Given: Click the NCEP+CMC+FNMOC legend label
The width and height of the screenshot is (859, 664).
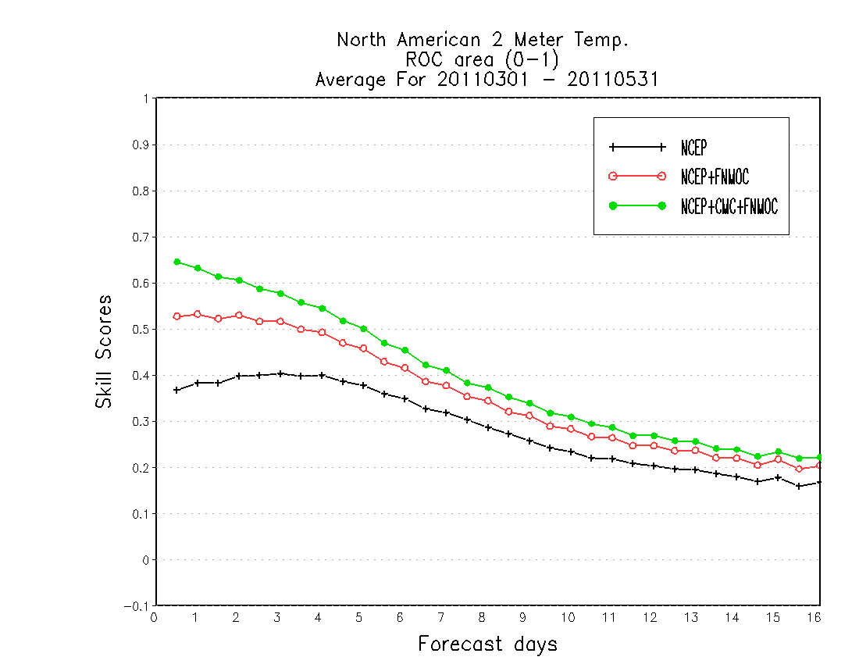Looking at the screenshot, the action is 729,206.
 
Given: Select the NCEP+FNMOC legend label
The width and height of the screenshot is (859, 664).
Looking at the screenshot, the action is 715,177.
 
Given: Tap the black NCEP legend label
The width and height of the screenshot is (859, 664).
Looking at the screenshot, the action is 693,148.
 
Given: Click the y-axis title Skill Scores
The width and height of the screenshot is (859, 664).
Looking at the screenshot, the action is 104,352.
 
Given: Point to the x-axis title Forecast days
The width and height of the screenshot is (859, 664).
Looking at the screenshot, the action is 487,644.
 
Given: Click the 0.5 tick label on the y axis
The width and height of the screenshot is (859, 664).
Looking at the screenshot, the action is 141,329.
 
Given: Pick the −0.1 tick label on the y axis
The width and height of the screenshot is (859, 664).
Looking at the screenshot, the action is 137,606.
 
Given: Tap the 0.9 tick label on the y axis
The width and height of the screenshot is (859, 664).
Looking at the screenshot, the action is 141,145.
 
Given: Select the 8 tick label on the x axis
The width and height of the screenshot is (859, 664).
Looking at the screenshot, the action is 482,617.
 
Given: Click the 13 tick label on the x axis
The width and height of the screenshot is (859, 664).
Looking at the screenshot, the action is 691,617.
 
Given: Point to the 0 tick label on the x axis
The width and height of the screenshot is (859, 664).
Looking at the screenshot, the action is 154,617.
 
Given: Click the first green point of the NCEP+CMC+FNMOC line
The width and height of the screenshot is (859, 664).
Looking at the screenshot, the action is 177,262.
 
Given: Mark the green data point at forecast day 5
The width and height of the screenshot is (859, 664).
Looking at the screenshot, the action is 363,329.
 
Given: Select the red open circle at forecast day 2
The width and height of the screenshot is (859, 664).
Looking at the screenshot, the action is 239,315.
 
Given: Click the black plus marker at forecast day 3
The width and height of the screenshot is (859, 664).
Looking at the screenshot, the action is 280,373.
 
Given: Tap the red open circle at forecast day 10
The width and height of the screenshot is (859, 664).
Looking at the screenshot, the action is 571,429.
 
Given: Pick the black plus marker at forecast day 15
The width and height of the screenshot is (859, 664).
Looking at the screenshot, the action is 779,478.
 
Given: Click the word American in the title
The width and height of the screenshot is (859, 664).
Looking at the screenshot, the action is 438,40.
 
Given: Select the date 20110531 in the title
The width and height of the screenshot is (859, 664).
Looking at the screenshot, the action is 612,80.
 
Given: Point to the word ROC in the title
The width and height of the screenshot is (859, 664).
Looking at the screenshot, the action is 423,59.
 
